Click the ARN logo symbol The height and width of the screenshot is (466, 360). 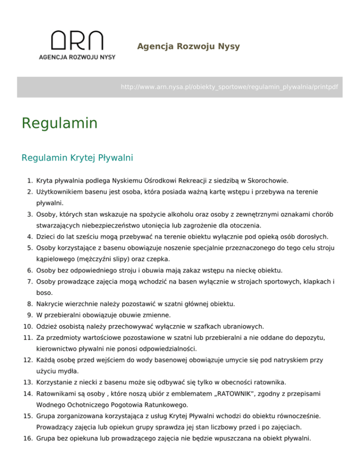[77, 40]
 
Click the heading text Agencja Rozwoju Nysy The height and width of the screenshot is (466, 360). [188, 46]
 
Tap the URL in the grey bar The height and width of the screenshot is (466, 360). [229, 87]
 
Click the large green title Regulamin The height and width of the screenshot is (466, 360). [60, 123]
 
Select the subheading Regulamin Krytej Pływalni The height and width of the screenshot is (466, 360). [77, 158]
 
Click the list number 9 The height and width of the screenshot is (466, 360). [29, 315]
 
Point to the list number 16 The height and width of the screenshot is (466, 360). [28, 439]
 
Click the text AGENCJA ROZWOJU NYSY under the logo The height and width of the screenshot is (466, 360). [77, 57]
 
